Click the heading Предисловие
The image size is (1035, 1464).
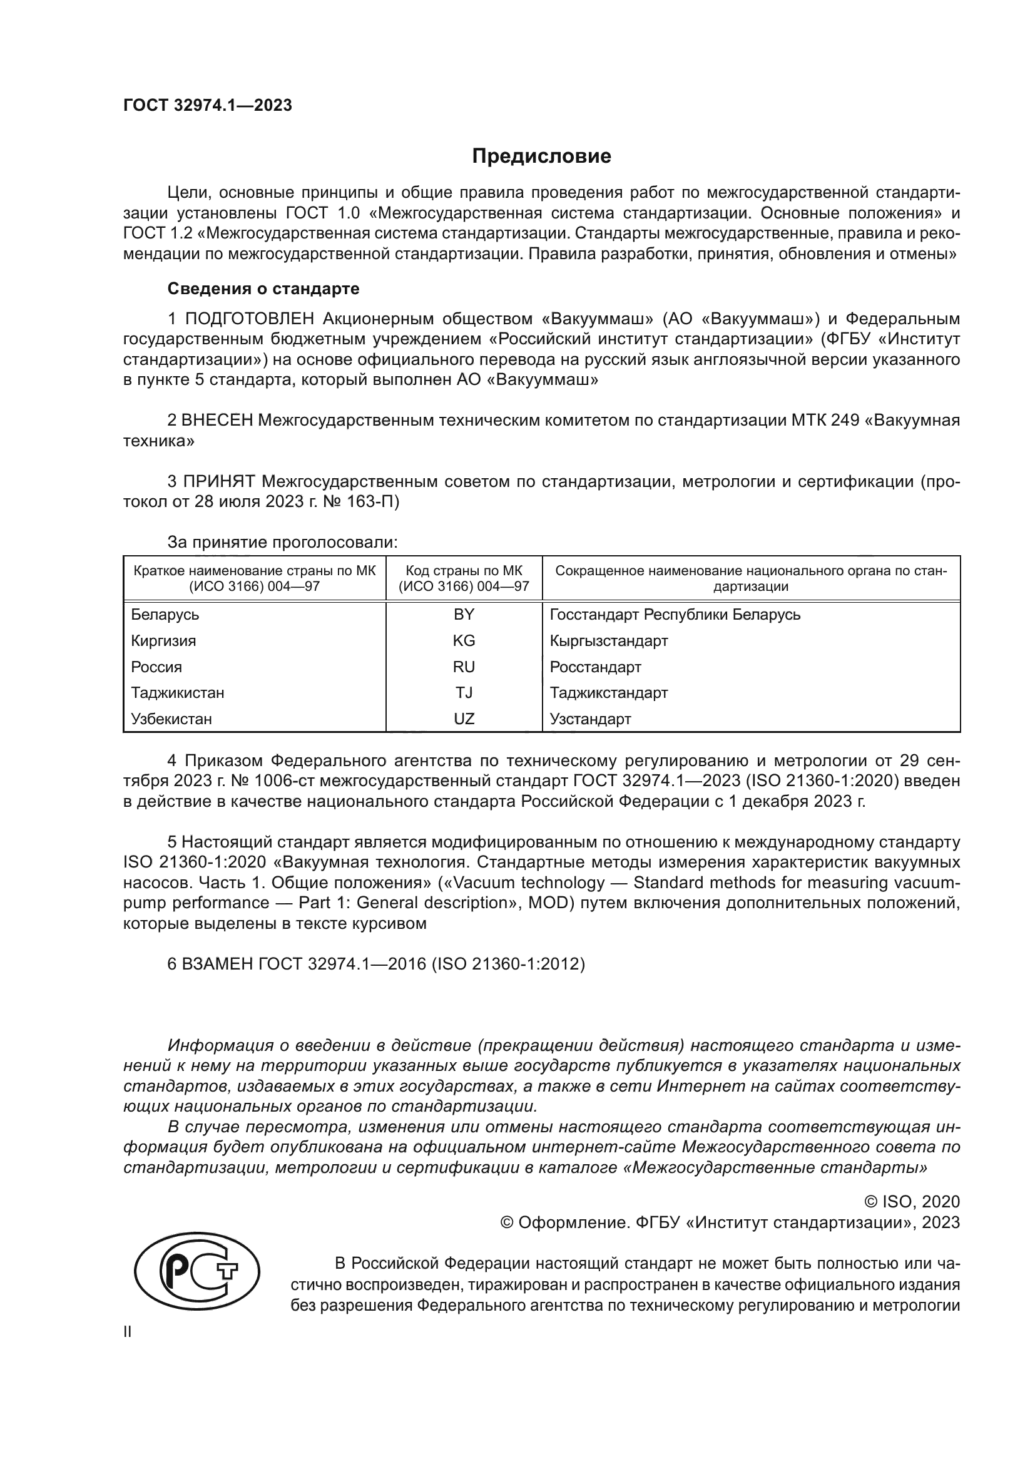point(541,156)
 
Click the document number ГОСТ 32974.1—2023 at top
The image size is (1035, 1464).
point(207,105)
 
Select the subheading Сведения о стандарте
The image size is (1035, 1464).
point(263,289)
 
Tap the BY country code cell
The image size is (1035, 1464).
point(463,615)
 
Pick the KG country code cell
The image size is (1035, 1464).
point(463,641)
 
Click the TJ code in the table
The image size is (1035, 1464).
point(463,692)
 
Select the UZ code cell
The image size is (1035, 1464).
point(463,719)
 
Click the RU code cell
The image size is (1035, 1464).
point(463,667)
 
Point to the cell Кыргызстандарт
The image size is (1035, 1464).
point(609,641)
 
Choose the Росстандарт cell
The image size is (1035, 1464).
point(595,668)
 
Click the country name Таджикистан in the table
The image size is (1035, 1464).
point(177,692)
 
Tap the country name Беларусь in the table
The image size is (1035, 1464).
point(165,615)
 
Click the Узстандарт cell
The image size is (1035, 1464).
point(590,719)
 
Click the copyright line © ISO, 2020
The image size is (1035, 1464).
point(911,1202)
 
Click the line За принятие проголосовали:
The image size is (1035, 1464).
point(282,543)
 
